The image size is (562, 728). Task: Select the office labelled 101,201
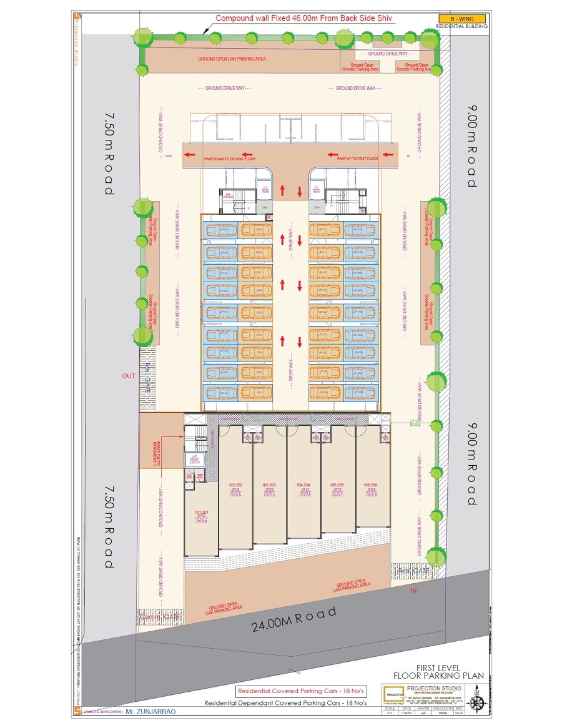201,516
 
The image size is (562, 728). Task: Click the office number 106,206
370,488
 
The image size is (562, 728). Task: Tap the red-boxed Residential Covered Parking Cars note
301,691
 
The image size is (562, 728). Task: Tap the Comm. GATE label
160,617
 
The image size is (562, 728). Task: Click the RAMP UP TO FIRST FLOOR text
358,159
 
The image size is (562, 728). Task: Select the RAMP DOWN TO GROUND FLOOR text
230,159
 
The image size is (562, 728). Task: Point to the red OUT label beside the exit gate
129,376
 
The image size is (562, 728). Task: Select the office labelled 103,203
269,488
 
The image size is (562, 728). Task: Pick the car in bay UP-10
325,230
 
